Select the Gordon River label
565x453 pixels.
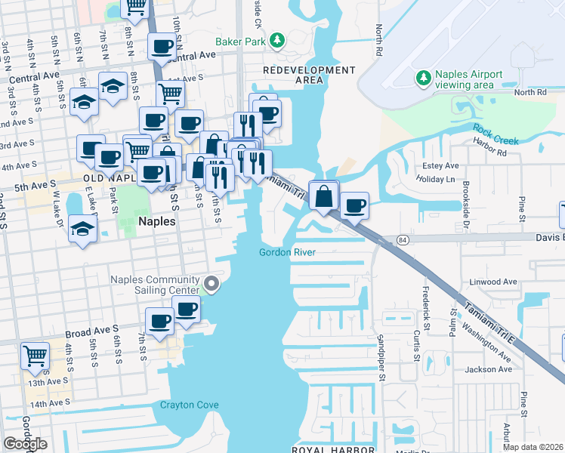click(x=286, y=252)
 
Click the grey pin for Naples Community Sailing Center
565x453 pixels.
click(x=212, y=285)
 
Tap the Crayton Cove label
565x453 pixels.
click(x=189, y=405)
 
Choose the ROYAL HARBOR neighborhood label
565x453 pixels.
click(x=332, y=449)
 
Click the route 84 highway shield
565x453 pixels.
click(x=400, y=239)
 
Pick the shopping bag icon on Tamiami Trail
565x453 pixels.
click(x=323, y=196)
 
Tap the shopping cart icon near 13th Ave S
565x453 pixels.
click(x=36, y=355)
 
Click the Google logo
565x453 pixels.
click(x=25, y=444)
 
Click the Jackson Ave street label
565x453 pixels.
click(x=489, y=369)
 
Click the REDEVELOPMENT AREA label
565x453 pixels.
click(x=308, y=75)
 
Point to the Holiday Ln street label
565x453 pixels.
click(x=437, y=180)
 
